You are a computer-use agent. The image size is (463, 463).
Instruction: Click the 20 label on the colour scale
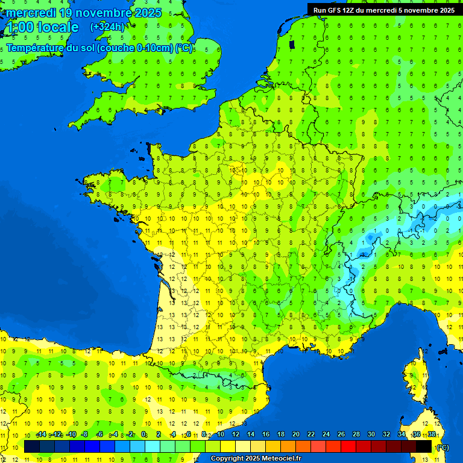(295, 434)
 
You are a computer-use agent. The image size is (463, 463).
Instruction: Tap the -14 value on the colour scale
(42, 434)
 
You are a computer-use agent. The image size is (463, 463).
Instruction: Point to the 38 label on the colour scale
(432, 434)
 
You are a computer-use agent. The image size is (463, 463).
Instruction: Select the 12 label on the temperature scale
(235, 434)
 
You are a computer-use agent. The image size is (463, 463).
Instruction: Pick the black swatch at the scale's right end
(424, 446)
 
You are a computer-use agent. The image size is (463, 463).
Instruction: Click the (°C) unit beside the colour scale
(443, 447)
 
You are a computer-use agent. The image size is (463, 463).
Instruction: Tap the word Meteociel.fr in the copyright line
(282, 459)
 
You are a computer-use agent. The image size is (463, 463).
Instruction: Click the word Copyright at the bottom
(227, 459)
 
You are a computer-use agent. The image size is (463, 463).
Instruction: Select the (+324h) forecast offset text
(107, 27)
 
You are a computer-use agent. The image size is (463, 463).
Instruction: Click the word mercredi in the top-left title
(30, 13)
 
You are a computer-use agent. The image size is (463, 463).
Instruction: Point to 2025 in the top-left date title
(148, 13)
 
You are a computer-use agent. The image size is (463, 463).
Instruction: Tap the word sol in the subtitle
(87, 48)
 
